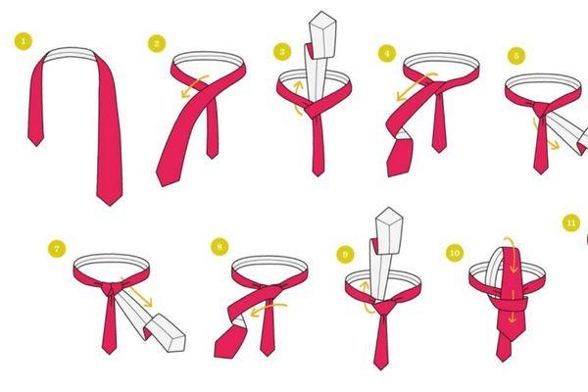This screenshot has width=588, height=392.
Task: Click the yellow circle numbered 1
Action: click(24, 41)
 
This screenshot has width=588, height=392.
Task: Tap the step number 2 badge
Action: click(157, 43)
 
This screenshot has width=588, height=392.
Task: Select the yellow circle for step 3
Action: click(282, 51)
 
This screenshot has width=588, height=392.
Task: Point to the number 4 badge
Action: click(387, 54)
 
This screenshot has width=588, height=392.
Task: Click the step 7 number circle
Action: click(57, 249)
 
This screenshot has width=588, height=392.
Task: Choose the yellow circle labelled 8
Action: click(220, 246)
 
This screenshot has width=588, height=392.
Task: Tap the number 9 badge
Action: click(345, 255)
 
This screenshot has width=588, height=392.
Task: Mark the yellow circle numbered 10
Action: click(455, 253)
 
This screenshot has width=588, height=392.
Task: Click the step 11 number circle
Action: click(571, 223)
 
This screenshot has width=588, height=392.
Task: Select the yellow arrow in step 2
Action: click(193, 85)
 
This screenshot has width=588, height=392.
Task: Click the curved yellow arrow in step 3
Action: click(297, 98)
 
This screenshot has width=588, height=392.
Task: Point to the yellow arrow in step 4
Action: click(416, 86)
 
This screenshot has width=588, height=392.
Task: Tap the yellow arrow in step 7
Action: click(136, 292)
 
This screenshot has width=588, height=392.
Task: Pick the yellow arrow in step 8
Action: click(268, 310)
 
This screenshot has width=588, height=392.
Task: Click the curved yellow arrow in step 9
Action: click(366, 296)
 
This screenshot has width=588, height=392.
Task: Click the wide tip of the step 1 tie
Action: click(110, 205)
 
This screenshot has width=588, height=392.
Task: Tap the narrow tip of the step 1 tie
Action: click(36, 146)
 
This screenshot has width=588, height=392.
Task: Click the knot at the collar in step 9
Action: click(383, 306)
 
